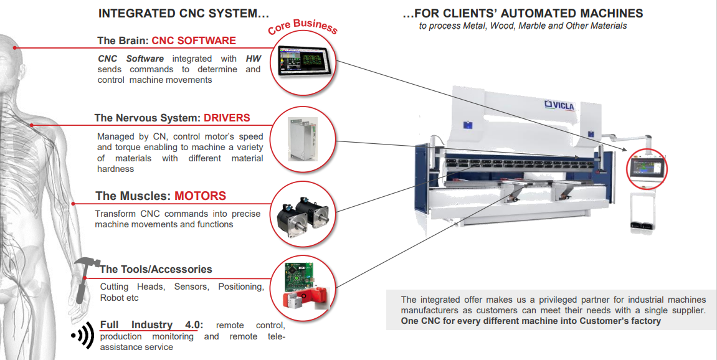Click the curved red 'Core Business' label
(303, 26)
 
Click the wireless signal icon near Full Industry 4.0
(82, 336)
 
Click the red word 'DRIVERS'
(227, 118)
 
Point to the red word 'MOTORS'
(200, 196)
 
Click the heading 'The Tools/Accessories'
(156, 270)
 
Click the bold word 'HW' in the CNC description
(253, 59)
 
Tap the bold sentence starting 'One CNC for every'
(531, 321)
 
